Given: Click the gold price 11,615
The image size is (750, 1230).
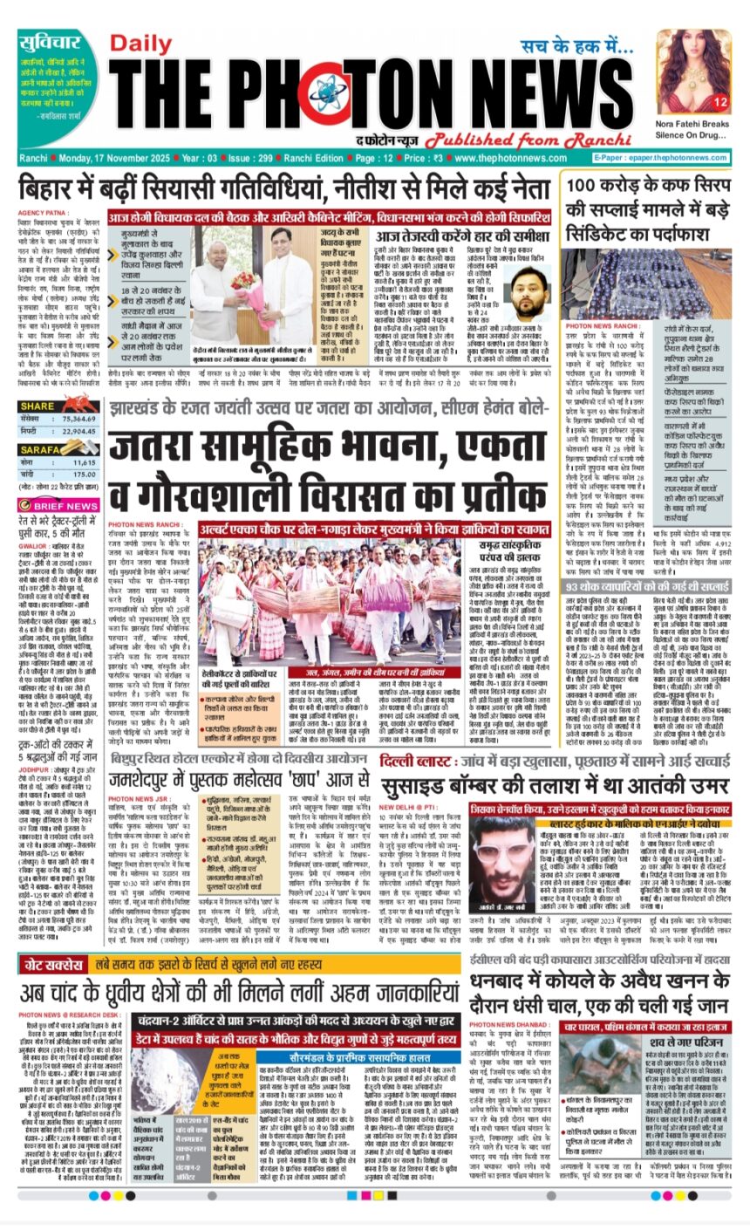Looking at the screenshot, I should tap(85, 461).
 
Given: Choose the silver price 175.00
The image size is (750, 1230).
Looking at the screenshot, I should tap(85, 475).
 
